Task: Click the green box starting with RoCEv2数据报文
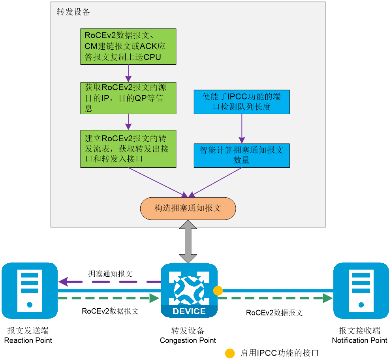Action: (128, 47)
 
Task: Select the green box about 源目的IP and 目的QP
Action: (128, 98)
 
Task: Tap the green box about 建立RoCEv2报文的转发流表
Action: (128, 149)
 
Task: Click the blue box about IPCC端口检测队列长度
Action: (242, 102)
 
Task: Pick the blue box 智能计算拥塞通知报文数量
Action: (242, 156)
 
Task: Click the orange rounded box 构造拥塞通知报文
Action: (188, 209)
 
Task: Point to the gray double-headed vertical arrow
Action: (188, 242)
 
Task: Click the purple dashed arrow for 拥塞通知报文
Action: (109, 282)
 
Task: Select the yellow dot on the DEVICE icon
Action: (218, 291)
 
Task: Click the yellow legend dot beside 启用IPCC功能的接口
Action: (229, 353)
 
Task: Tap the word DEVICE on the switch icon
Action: (189, 311)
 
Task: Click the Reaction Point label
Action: (28, 340)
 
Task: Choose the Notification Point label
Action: (359, 340)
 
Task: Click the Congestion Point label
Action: (188, 341)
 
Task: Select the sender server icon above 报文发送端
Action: (30, 291)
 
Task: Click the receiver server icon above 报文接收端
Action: (361, 291)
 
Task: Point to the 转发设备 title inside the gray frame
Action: (73, 12)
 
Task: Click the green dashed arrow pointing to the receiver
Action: (275, 298)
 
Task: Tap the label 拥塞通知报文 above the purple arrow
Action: (110, 274)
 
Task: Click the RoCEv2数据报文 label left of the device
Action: (110, 311)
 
